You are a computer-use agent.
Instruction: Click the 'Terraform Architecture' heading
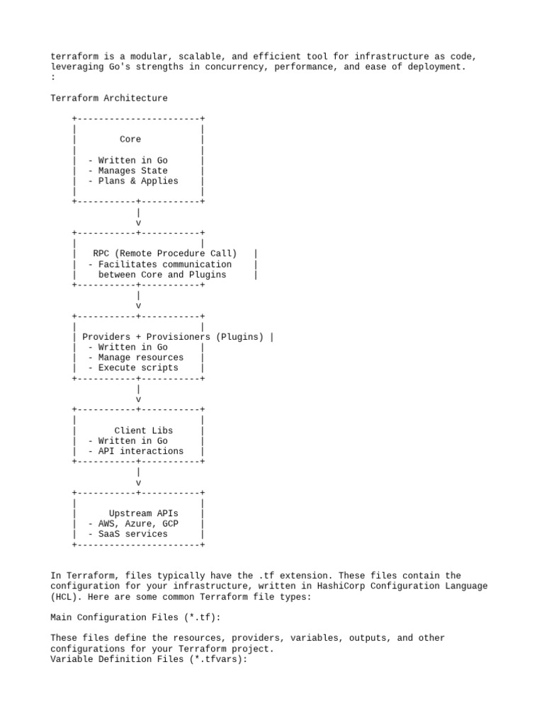[109, 98]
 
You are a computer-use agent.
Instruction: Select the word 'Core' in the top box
[130, 139]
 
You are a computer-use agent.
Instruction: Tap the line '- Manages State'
[128, 171]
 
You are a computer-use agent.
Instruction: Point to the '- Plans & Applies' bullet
[133, 181]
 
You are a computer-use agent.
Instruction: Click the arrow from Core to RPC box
[138, 217]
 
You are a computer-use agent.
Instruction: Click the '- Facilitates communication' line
[160, 264]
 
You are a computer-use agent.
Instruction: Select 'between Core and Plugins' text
[162, 275]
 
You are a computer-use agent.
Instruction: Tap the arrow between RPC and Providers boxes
[138, 300]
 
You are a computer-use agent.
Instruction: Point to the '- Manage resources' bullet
[136, 358]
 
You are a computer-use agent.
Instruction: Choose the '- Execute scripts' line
[133, 368]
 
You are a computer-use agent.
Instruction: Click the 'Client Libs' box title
[144, 430]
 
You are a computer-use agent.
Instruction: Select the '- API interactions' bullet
[136, 451]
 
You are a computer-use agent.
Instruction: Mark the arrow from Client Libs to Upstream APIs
[138, 477]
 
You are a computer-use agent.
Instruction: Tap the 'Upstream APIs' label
[144, 513]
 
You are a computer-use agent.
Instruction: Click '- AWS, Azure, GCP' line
[133, 524]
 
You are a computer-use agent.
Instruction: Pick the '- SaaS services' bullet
[128, 535]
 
